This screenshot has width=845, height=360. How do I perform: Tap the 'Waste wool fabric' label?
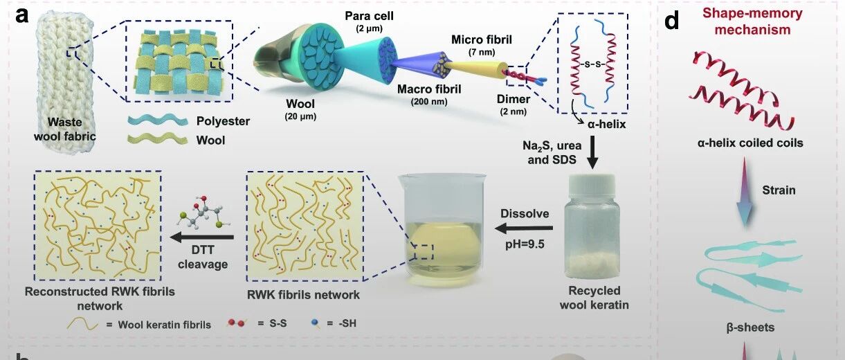[68, 129]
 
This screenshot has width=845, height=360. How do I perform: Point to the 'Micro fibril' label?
[482, 39]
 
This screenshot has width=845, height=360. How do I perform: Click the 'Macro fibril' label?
[430, 89]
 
